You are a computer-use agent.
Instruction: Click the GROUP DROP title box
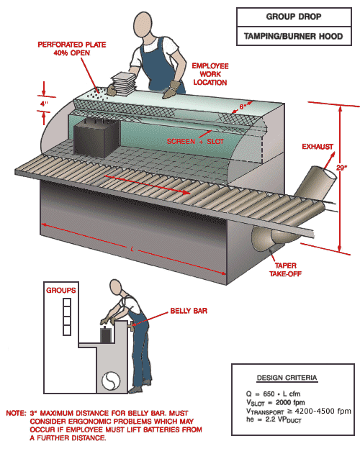click(294, 17)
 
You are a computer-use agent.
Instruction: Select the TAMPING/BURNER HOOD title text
click(294, 35)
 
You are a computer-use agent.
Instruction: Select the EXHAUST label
click(317, 147)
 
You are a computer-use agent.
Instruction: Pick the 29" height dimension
click(341, 168)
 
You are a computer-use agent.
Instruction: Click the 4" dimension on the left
click(44, 104)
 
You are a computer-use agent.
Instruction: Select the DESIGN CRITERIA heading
click(287, 378)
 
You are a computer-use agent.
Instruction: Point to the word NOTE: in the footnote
click(15, 413)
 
